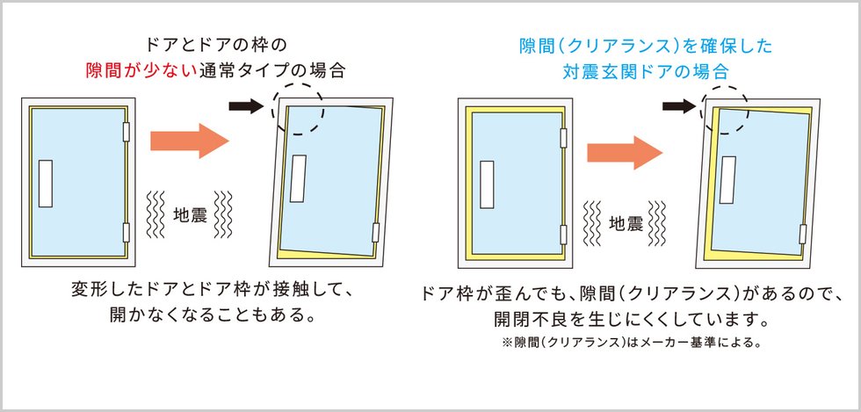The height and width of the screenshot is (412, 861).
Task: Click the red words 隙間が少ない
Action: pos(141,71)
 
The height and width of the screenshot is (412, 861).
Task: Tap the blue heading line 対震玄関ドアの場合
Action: pos(645,71)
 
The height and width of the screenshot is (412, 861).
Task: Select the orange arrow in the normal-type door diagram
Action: pos(190,141)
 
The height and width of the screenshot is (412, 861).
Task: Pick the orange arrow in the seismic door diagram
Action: pos(625,153)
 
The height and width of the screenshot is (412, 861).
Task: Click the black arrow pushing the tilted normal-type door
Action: pos(247,106)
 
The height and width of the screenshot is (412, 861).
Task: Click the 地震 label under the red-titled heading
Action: pos(190,215)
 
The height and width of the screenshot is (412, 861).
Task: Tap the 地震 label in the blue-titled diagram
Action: pos(626,223)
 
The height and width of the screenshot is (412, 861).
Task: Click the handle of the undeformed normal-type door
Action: pos(46,184)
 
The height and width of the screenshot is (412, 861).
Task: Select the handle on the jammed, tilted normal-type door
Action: pos(298,178)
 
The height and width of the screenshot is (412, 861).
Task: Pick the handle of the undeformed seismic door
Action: pos(487,184)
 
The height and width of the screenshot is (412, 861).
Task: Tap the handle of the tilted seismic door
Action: pos(728,179)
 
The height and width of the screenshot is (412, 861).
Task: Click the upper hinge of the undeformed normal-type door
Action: pos(126,132)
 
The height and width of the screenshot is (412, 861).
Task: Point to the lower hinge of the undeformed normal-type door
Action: pos(126,233)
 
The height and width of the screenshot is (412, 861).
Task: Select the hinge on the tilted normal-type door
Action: pos(376,233)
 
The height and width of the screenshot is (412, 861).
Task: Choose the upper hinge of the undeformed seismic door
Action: pos(563,139)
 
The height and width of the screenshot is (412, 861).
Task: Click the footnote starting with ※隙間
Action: pos(631,343)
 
